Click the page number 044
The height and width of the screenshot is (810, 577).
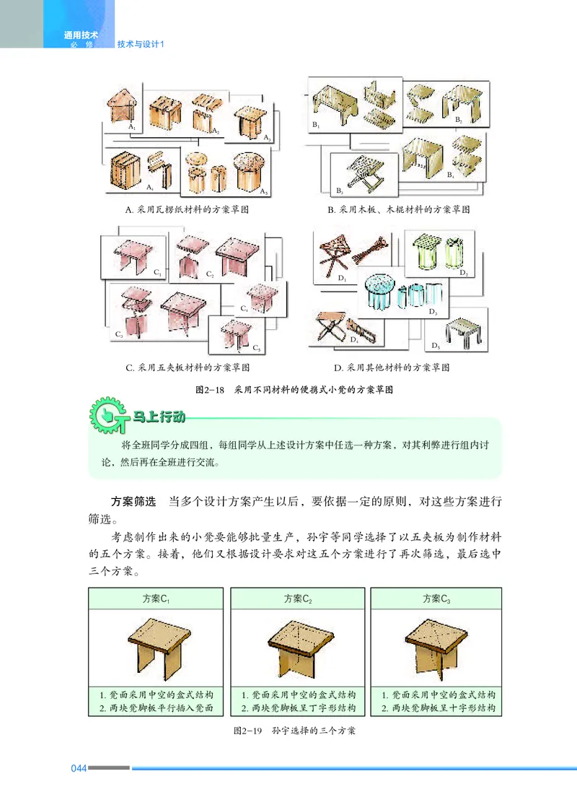tap(79, 767)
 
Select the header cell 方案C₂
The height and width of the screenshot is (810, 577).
tap(297, 598)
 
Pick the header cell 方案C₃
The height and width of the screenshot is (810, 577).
tap(436, 598)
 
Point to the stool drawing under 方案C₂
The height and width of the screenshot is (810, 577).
tap(297, 647)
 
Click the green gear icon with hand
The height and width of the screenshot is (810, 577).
tap(107, 414)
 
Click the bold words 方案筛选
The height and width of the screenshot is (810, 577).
tap(135, 501)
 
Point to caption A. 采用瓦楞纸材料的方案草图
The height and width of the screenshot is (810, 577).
tap(191, 210)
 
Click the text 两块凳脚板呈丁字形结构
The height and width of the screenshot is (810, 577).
tap(298, 708)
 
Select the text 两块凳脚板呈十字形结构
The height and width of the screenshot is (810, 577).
tap(438, 708)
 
